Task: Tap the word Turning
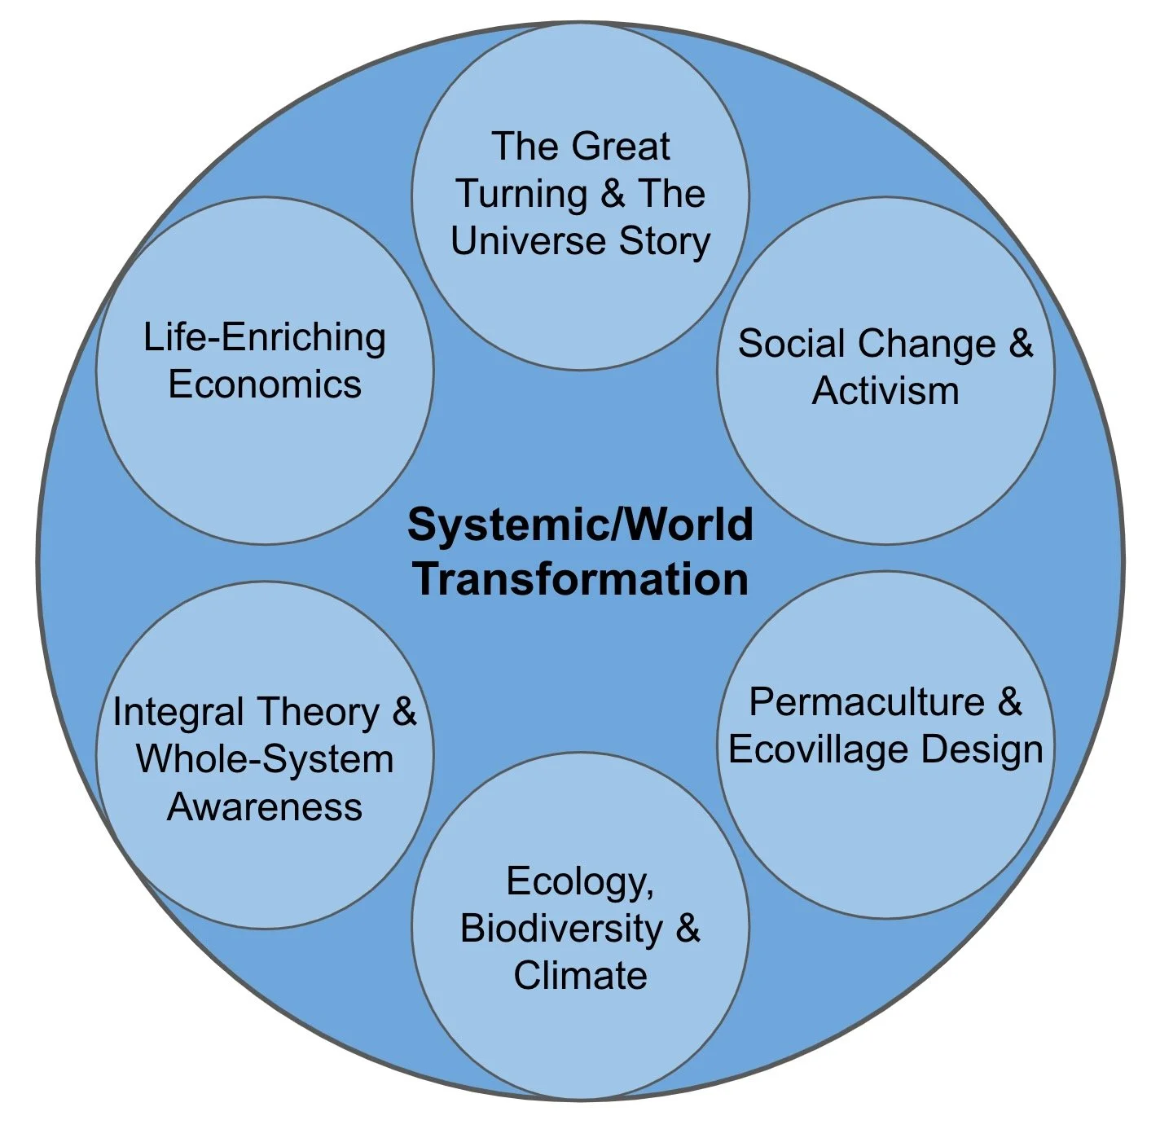click(x=521, y=195)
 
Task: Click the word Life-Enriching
click(x=265, y=338)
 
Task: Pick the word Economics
click(x=265, y=384)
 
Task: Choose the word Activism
click(x=885, y=391)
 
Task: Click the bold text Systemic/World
click(x=580, y=525)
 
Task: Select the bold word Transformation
click(x=580, y=579)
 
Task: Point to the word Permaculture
click(x=867, y=702)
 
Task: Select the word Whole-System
click(x=265, y=759)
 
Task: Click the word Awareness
click(x=265, y=807)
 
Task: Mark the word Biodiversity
click(x=561, y=929)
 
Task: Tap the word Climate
click(x=580, y=976)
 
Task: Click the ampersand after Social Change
click(x=1021, y=344)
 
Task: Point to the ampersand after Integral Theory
click(x=404, y=713)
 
